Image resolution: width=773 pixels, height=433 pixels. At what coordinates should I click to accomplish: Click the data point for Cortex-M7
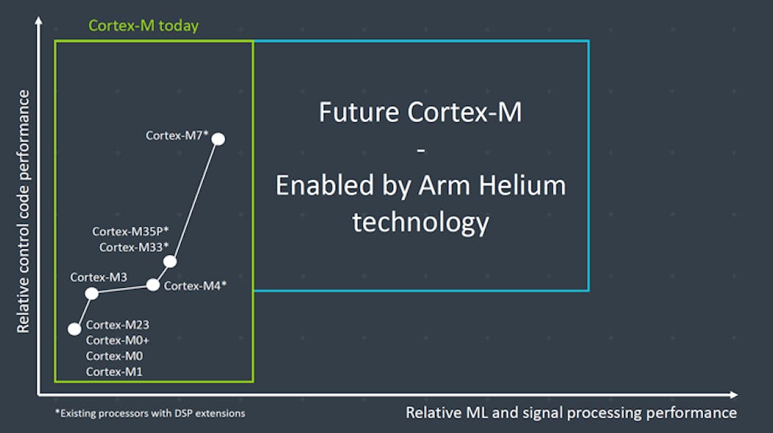218,138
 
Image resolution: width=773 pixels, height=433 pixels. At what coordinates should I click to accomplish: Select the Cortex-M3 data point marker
91,294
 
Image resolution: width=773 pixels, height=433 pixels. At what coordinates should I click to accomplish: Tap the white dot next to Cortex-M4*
153,285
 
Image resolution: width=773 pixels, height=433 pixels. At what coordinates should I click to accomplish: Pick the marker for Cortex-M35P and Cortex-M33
170,261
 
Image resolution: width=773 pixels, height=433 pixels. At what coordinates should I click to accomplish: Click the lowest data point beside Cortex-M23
74,329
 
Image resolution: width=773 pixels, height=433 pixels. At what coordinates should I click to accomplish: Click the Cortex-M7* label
177,135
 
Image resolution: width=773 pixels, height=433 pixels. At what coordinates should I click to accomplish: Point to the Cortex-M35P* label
130,231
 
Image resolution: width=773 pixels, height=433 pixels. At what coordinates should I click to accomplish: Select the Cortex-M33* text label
134,247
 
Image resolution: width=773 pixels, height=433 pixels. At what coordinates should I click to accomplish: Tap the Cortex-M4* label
194,286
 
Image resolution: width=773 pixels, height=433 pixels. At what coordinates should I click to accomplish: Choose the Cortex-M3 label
99,278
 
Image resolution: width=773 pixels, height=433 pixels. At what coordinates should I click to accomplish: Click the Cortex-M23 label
118,325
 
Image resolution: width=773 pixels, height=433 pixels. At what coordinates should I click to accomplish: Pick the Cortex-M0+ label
118,340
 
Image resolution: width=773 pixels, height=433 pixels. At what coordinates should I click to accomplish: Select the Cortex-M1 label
114,372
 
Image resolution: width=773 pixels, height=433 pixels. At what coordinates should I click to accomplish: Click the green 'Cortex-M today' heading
144,26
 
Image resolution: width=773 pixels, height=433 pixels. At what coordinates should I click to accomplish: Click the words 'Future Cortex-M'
420,113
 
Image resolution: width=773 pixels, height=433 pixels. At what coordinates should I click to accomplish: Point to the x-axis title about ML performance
571,413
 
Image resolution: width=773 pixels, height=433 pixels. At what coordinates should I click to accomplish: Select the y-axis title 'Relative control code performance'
24,211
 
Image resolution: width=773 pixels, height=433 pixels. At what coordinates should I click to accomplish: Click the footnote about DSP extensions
150,413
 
